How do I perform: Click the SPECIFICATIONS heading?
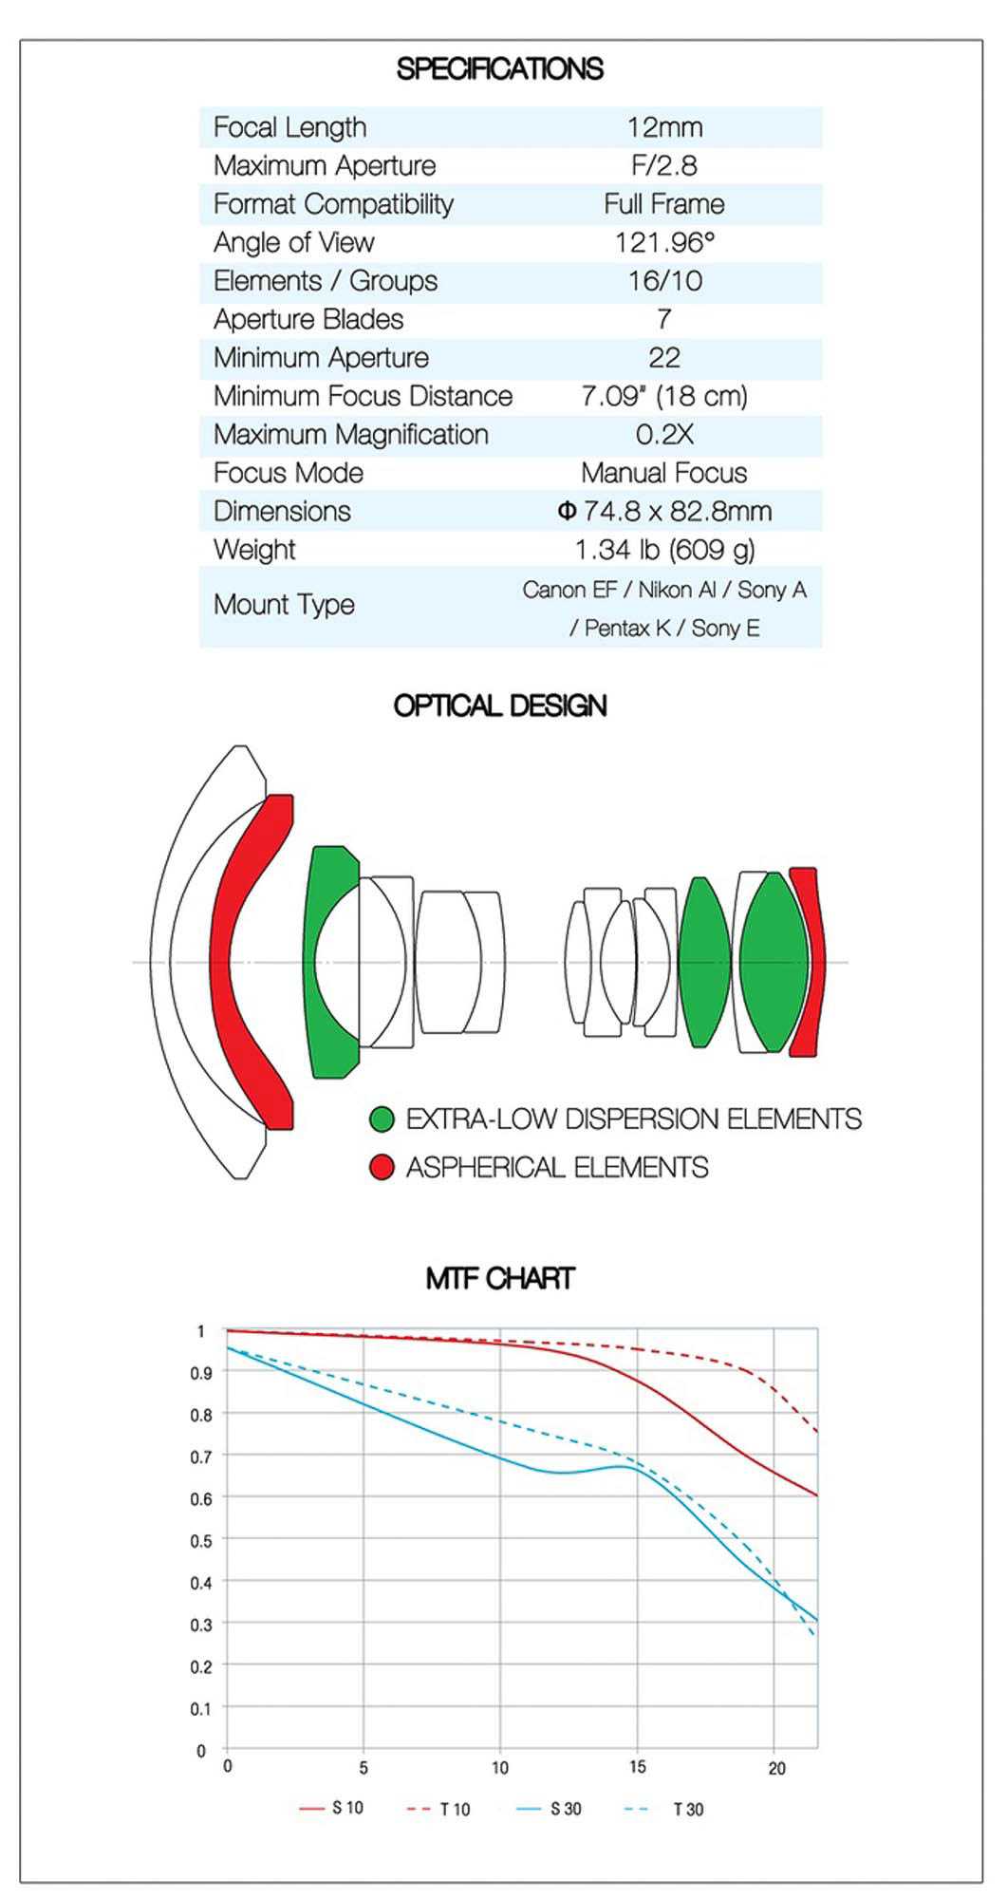[x=499, y=69]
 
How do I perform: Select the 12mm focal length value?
[x=664, y=127]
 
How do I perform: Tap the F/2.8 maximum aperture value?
[x=664, y=165]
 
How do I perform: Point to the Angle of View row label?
[x=293, y=243]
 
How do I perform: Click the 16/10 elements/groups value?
[x=664, y=281]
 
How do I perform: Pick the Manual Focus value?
[x=663, y=473]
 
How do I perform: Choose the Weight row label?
[x=254, y=550]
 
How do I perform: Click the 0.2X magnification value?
[x=664, y=435]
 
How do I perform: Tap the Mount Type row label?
[x=284, y=605]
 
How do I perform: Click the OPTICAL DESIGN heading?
[x=499, y=705]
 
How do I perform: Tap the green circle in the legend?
[x=382, y=1119]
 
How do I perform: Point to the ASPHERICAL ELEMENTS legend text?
[x=557, y=1167]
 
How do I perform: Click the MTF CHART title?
[x=499, y=1278]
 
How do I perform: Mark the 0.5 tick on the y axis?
[x=200, y=1540]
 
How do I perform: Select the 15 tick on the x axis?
[x=637, y=1767]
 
